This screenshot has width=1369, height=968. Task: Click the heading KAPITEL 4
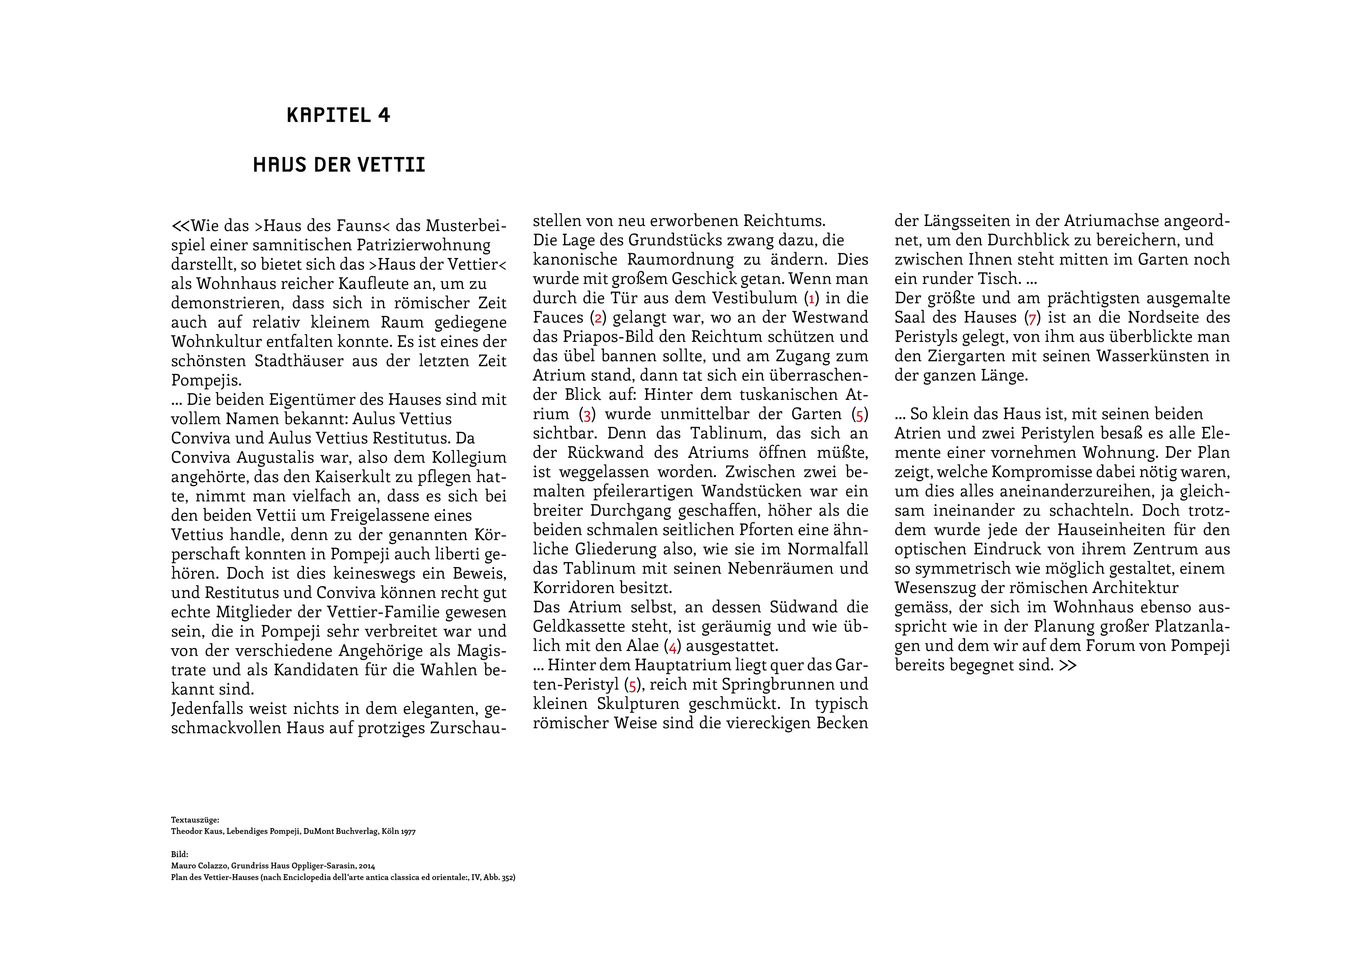(x=338, y=115)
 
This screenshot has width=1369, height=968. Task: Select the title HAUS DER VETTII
(x=339, y=165)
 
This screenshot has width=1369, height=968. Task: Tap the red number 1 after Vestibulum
(x=811, y=298)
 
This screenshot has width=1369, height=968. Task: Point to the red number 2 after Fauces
(x=598, y=318)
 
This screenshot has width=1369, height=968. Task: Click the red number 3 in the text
(x=587, y=415)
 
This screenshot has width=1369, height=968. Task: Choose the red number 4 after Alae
(x=672, y=646)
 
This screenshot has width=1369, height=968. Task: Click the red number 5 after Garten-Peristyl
(x=633, y=685)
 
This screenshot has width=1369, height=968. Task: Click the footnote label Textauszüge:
(x=195, y=820)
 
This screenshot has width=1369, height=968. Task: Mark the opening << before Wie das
(x=180, y=226)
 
